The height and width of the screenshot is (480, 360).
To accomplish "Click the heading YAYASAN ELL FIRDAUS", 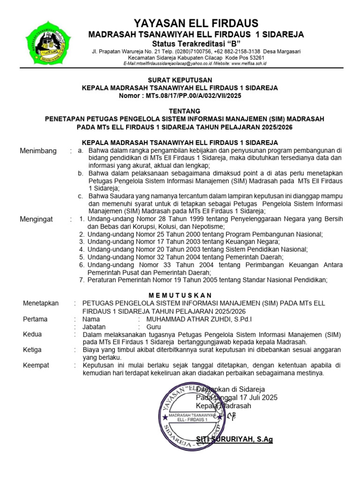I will tap(196, 23).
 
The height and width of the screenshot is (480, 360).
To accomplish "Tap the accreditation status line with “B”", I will tap(196, 43).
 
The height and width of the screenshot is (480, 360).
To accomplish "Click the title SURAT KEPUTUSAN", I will tap(180, 80).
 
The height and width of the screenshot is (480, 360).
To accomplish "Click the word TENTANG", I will tap(180, 111).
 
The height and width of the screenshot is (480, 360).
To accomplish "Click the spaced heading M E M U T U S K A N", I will tap(180, 295).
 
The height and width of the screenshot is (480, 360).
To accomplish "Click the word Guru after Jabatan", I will tap(154, 327).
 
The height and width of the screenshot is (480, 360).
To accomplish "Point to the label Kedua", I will tap(32, 334).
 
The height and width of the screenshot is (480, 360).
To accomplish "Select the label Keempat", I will tap(36, 365).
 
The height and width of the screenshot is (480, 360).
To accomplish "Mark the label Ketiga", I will tap(32, 350).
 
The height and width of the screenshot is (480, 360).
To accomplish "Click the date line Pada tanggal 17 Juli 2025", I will tap(237, 397).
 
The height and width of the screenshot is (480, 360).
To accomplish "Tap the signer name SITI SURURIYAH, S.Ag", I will tap(234, 439).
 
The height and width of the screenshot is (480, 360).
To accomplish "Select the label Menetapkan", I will tap(41, 303).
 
